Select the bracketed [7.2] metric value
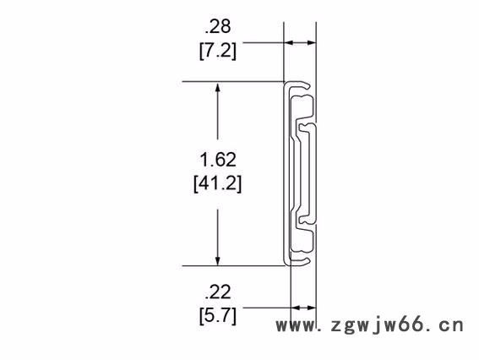[217, 51]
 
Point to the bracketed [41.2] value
[218, 181]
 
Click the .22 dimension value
[217, 294]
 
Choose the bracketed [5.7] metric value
[217, 316]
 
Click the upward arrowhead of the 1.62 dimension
[219, 88]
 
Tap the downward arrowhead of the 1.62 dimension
[219, 259]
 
